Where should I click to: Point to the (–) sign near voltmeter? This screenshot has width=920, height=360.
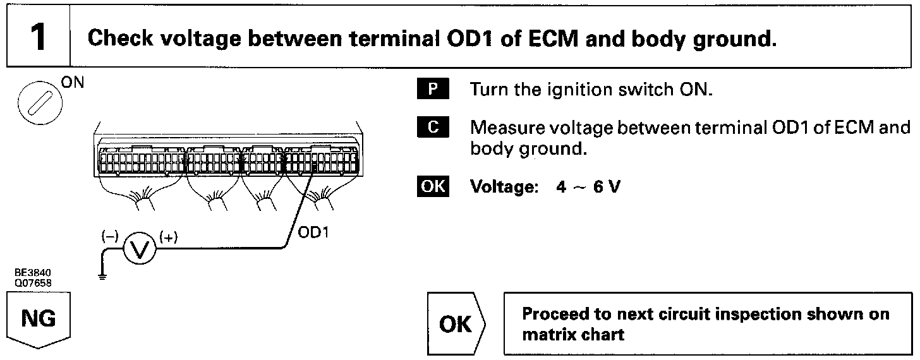[x=110, y=237]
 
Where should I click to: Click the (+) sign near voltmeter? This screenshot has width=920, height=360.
[x=169, y=237]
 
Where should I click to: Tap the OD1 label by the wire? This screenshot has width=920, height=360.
[x=313, y=233]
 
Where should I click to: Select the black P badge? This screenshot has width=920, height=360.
[x=433, y=89]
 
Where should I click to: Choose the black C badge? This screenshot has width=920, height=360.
[x=433, y=128]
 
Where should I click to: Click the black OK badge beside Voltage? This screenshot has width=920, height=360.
[x=432, y=188]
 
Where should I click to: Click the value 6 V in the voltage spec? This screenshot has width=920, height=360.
[x=605, y=188]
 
